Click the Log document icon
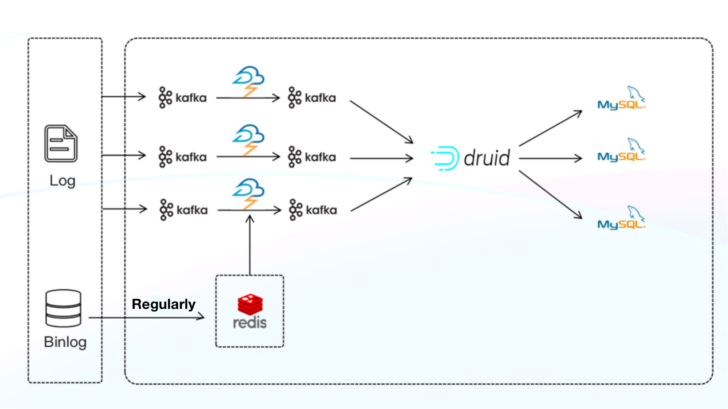point(61,144)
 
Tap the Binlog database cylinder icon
point(63,308)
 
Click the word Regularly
point(164,304)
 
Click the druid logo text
point(486,158)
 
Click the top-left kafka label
point(183,98)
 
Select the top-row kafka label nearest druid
point(312,98)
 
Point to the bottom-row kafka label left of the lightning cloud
point(184,210)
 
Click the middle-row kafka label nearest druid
point(312,157)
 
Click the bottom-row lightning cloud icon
point(249,193)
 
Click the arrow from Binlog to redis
point(147,317)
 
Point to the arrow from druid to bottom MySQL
point(550,195)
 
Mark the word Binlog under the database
point(65,342)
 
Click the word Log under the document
point(63,181)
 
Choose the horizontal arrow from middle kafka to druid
point(381,158)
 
